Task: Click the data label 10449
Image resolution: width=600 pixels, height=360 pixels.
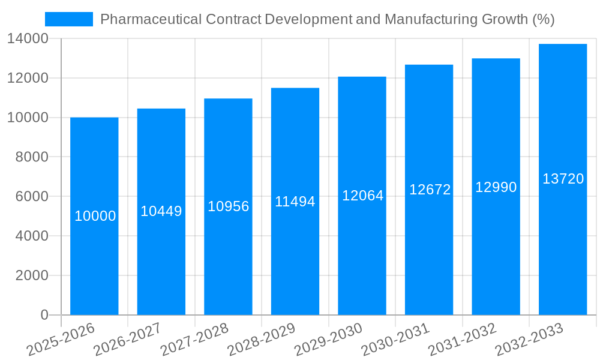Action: (161, 211)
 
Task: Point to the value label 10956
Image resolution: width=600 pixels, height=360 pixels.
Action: (229, 206)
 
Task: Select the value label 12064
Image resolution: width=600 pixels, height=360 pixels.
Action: (362, 196)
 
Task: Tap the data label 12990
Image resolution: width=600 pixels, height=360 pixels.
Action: (496, 187)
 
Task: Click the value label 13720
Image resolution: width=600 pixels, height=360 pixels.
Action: (563, 179)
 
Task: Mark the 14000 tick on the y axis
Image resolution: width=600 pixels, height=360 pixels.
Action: (28, 39)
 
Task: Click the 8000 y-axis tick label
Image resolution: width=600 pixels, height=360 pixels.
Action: (31, 157)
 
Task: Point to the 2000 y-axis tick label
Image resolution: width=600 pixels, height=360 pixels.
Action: (31, 275)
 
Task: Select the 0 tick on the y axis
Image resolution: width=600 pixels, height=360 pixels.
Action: (44, 315)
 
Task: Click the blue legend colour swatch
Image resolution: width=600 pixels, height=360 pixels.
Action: (69, 19)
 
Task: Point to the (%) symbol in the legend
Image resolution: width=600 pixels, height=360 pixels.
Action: (544, 19)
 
